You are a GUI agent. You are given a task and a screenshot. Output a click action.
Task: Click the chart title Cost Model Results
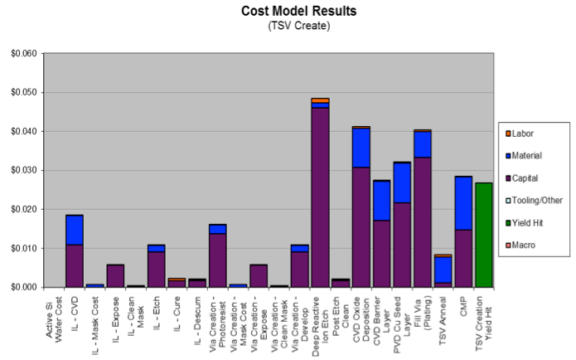coord(298,12)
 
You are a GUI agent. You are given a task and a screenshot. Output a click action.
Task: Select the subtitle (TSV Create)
coord(298,26)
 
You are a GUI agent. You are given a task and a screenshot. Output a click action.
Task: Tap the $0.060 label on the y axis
coord(22,54)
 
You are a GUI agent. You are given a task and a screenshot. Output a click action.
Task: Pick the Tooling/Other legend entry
coord(535,199)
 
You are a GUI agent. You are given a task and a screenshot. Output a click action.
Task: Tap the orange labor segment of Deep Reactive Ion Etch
coord(320,100)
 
